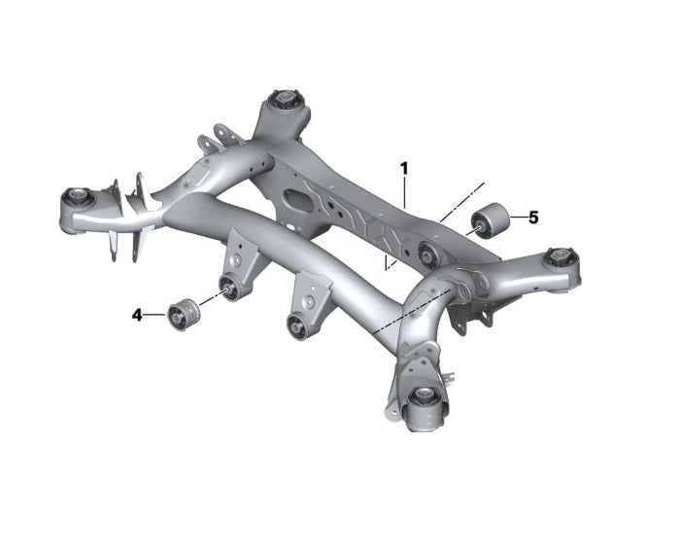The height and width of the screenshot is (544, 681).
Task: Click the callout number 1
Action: [404, 168]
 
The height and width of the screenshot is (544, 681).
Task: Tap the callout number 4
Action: [137, 315]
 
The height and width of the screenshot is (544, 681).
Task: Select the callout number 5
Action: [533, 218]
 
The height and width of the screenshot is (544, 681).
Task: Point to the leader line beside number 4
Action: [154, 315]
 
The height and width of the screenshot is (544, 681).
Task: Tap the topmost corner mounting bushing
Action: [287, 98]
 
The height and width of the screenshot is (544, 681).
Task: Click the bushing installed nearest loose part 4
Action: [229, 288]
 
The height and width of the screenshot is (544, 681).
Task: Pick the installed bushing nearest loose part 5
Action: [426, 255]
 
